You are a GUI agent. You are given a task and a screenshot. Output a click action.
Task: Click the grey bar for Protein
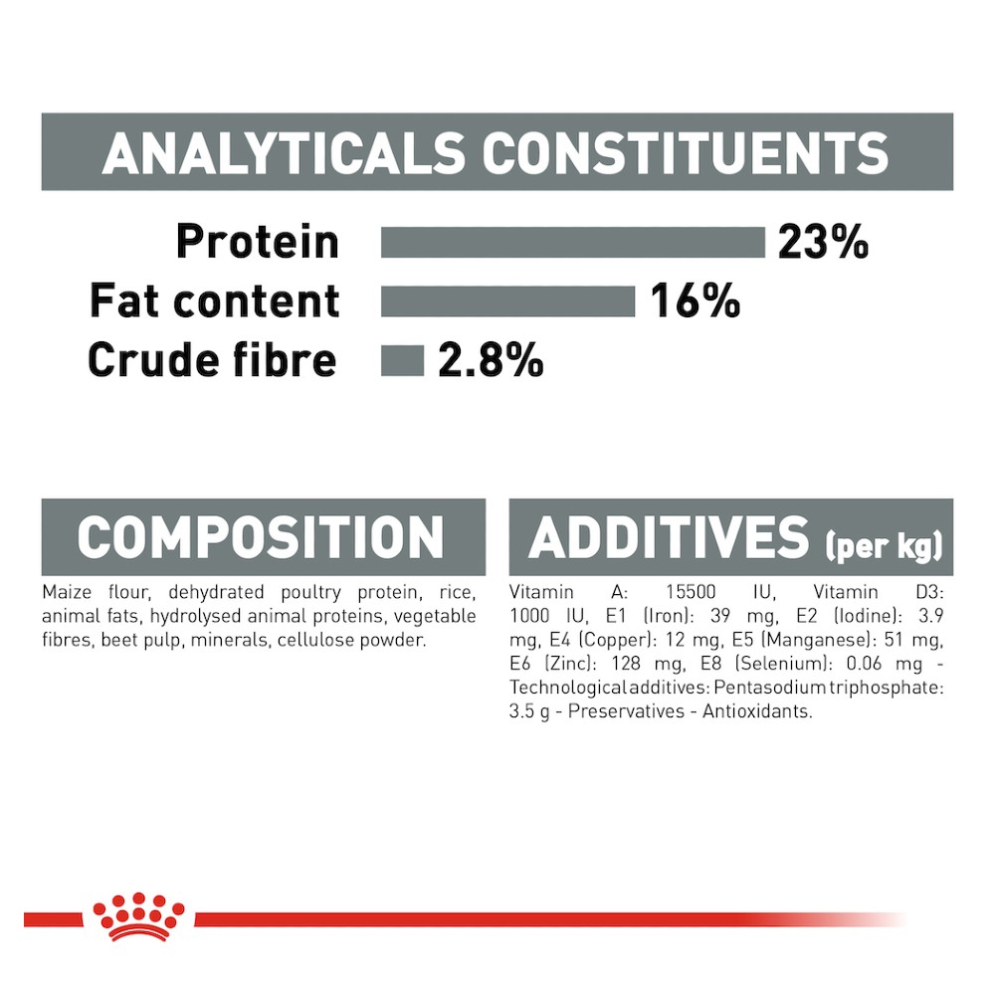click(573, 243)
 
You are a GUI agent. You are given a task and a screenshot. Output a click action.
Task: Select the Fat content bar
click(507, 301)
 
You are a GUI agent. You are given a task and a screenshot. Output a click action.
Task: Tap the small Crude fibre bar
click(402, 360)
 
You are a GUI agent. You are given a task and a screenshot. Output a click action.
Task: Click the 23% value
click(823, 242)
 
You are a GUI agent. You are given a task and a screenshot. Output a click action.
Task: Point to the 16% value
click(695, 300)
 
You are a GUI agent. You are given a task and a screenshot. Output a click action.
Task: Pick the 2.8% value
click(491, 360)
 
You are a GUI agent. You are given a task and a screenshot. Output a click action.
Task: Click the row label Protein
click(258, 242)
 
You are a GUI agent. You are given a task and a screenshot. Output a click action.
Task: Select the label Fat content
click(215, 300)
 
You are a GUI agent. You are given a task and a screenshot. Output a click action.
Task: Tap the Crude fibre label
click(212, 360)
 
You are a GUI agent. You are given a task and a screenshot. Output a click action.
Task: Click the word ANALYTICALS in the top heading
click(283, 153)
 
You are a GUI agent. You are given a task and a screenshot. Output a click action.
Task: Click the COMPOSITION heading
click(260, 537)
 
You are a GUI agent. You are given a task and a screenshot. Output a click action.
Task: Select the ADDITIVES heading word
click(669, 537)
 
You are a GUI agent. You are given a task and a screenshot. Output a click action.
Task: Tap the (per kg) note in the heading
click(884, 545)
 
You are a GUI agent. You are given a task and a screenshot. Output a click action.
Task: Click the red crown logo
click(137, 916)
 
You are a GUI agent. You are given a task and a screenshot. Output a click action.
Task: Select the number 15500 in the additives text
click(691, 592)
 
